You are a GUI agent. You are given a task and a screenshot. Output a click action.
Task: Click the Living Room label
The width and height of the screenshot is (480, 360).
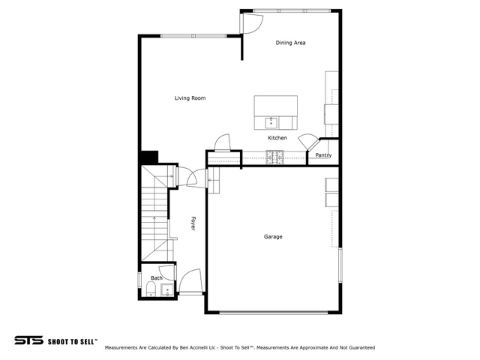coord(190,98)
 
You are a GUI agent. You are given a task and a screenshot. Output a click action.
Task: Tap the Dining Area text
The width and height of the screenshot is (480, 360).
coord(290,43)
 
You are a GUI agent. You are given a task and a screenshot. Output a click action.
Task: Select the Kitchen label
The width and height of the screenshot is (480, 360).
coord(277,138)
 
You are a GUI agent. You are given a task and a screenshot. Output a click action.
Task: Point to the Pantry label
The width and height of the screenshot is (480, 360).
coord(323,155)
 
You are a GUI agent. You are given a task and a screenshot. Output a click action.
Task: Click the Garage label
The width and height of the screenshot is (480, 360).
coord(273,237)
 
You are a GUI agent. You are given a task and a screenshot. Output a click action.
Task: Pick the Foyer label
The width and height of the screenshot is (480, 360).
coord(193,223)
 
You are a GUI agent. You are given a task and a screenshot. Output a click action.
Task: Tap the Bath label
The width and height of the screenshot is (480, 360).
coord(157,278)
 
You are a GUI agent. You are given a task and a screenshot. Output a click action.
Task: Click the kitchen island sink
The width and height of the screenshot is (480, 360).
coord(271,123)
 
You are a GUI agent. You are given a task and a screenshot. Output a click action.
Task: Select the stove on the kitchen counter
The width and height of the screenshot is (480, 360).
coord(274,157)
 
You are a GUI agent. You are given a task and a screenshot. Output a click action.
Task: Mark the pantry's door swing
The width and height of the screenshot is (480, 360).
coord(307,142)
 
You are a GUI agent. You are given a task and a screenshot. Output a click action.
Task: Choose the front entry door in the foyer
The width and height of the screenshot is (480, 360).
coord(190,281)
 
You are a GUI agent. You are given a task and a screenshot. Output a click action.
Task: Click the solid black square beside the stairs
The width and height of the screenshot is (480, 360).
coord(148,157)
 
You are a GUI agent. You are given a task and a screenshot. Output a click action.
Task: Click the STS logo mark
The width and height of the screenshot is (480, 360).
coord(28,340)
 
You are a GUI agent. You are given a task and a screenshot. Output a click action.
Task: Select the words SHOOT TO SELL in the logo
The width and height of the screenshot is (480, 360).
coord(72,340)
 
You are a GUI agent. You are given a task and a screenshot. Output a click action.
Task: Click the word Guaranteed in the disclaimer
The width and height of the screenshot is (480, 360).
coord(358,348)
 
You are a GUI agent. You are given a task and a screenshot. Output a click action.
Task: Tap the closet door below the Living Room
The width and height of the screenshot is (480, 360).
coord(222,142)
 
